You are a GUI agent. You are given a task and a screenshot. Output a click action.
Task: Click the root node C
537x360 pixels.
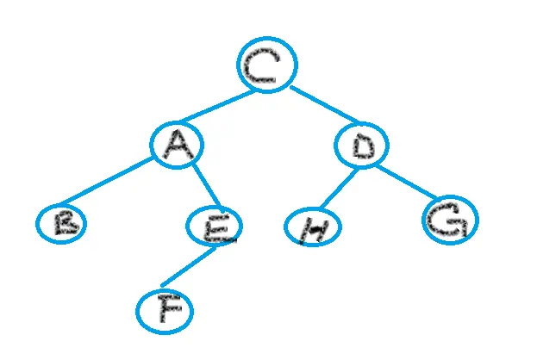[267, 65]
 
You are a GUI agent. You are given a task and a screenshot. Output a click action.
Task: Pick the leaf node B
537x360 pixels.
[62, 223]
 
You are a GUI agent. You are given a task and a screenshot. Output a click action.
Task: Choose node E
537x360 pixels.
[215, 227]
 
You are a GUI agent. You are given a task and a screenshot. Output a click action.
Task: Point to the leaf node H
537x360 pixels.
[313, 227]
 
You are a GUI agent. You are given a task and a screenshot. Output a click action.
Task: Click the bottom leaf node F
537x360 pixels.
[165, 312]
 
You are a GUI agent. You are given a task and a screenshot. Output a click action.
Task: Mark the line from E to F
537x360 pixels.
[188, 267]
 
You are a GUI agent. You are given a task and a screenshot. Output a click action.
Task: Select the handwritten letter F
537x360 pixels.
[165, 312]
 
